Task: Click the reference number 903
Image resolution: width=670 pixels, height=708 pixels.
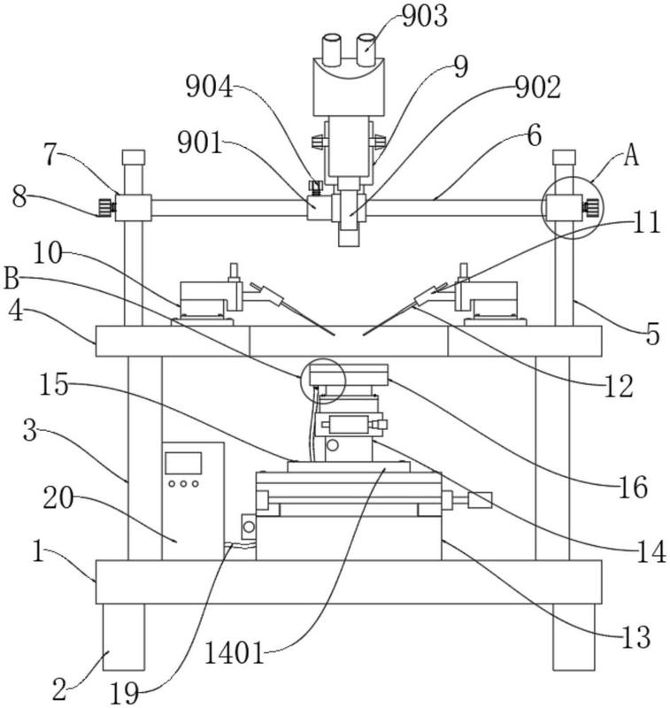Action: [425, 16]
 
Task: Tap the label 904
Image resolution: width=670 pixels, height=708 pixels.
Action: [210, 87]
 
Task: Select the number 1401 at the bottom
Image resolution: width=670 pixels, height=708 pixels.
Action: [235, 653]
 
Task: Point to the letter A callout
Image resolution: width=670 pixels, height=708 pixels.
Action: [632, 157]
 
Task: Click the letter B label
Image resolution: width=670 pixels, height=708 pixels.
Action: [12, 279]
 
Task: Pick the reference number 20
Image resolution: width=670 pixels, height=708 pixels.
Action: [58, 498]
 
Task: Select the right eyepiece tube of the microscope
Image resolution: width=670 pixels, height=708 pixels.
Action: [366, 50]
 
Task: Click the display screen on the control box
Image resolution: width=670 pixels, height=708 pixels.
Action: [183, 463]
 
